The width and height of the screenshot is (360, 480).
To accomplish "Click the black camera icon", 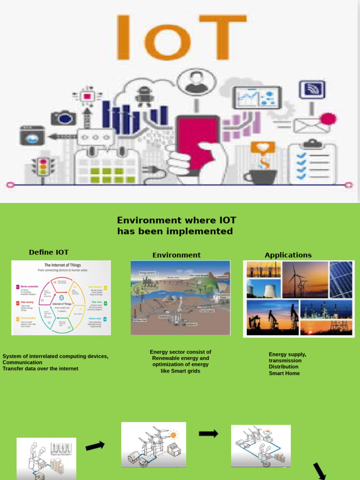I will pyautogui.click(x=63, y=117).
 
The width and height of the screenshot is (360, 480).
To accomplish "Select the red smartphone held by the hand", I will pyautogui.click(x=197, y=141).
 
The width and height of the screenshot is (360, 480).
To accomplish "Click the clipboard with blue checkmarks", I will pyautogui.click(x=312, y=162).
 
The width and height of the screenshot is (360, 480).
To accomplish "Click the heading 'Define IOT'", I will pyautogui.click(x=49, y=252).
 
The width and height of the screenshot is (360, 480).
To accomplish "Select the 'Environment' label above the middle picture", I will pyautogui.click(x=176, y=255).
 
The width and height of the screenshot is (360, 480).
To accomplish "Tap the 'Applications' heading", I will pyautogui.click(x=288, y=255).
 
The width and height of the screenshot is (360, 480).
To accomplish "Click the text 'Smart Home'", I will pyautogui.click(x=284, y=373).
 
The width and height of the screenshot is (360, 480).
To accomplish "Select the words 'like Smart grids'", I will pyautogui.click(x=180, y=371).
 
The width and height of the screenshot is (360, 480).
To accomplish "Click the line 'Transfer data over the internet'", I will pyautogui.click(x=40, y=368).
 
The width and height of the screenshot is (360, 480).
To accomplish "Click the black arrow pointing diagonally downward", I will pyautogui.click(x=320, y=471).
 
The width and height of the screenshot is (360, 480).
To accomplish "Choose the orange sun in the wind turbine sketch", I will pyautogui.click(x=174, y=434).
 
